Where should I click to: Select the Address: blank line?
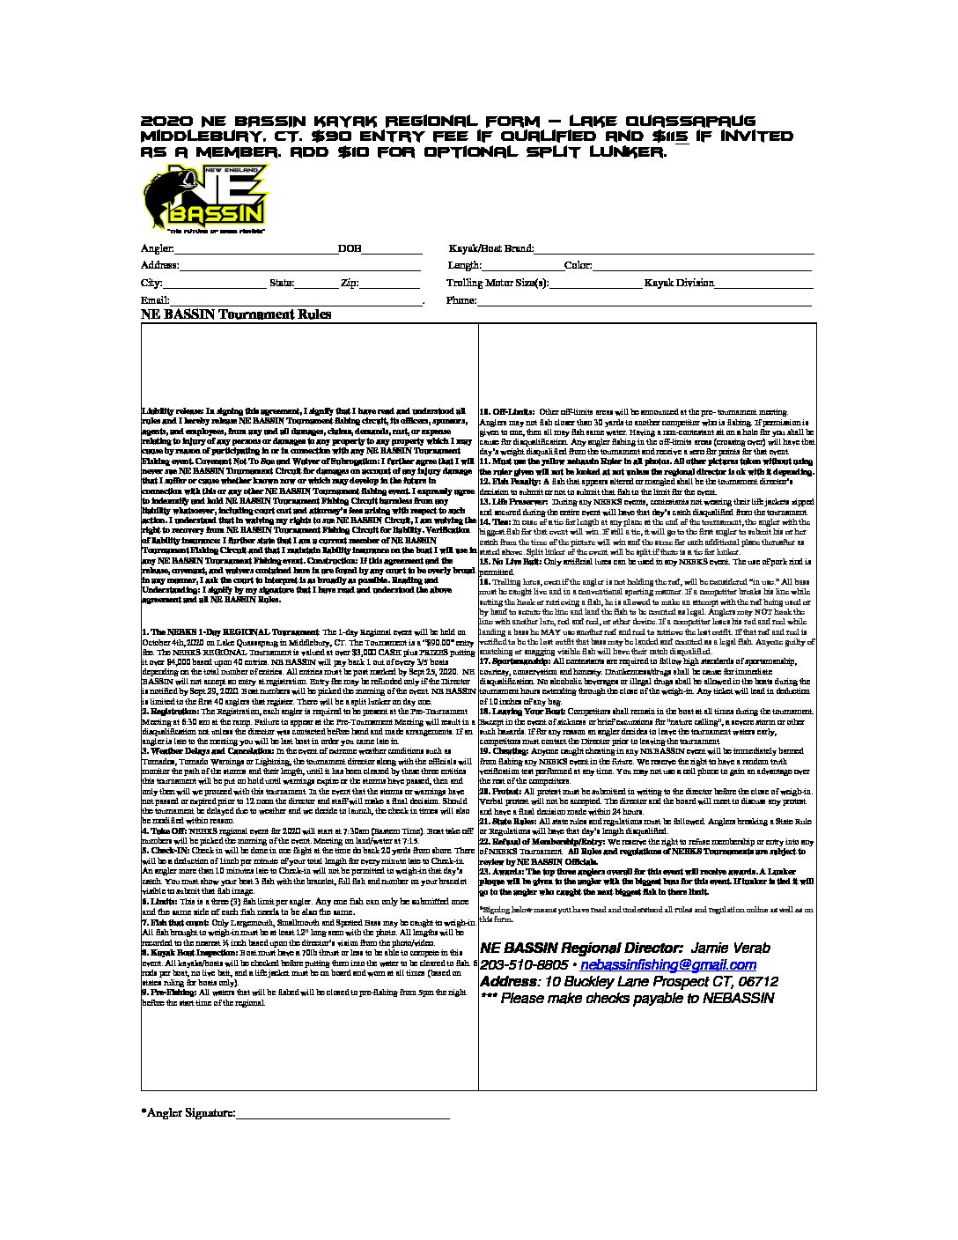[300, 267]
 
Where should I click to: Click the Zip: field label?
[349, 284]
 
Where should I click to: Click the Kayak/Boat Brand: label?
[490, 249]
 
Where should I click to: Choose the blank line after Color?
[704, 267]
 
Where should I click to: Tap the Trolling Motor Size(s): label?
[497, 284]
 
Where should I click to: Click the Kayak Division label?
[679, 284]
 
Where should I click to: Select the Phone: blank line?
[644, 302]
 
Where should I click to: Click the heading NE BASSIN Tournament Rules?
[236, 314]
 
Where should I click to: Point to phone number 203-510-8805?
[519, 965]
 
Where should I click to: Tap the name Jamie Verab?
[731, 948]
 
